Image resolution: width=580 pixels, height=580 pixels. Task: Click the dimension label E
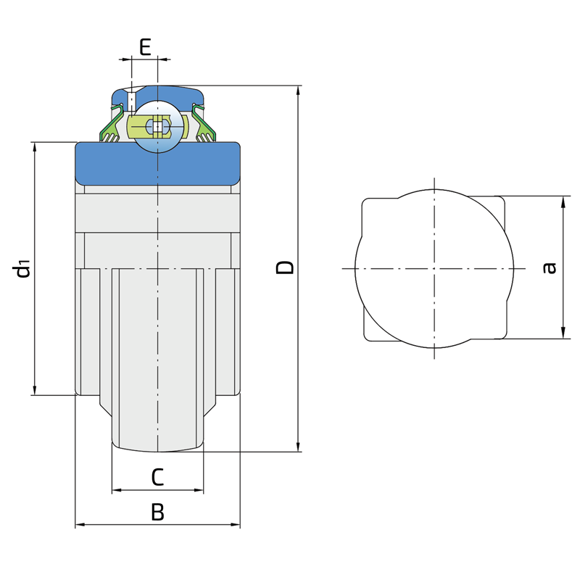point(146,47)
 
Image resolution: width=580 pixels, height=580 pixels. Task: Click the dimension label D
point(285,267)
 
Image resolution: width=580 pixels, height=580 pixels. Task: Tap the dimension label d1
point(21,269)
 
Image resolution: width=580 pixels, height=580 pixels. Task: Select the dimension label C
point(157,477)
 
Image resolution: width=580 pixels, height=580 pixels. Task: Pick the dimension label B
point(158,513)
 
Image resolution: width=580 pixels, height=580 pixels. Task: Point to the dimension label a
point(550,268)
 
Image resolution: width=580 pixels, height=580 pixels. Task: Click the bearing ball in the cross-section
point(158,126)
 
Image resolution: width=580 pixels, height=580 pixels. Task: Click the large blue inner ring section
point(158,164)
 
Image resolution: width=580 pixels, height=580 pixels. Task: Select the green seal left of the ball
point(112,124)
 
